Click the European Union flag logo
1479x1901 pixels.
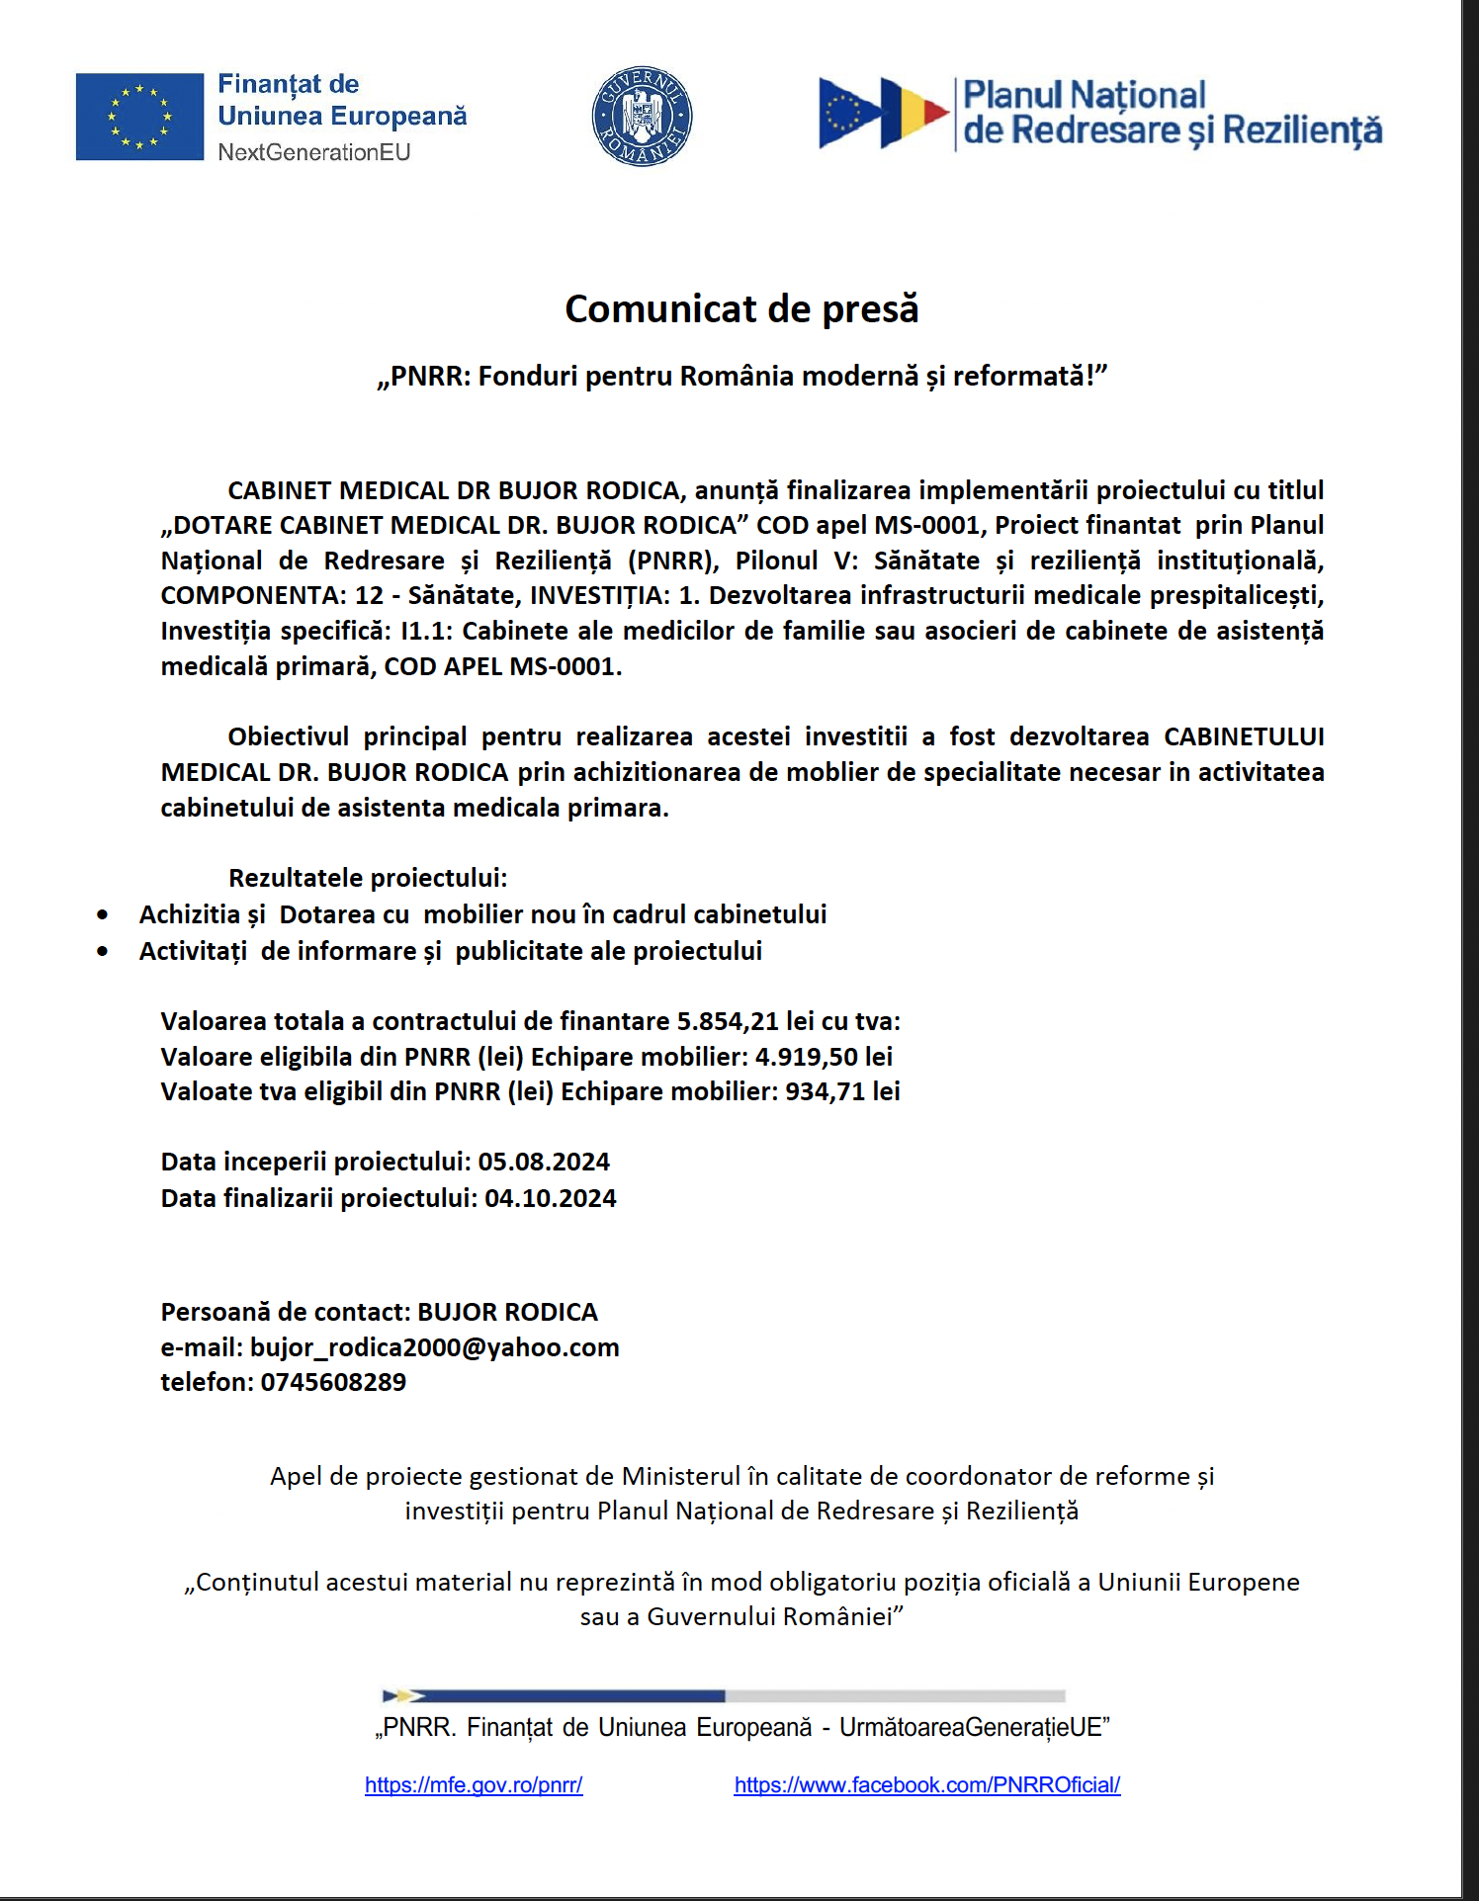tap(139, 117)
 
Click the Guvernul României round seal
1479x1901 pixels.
tap(642, 117)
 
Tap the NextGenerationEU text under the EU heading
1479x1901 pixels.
tap(313, 152)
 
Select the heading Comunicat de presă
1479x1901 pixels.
tap(741, 308)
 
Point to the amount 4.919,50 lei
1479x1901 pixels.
tap(824, 1057)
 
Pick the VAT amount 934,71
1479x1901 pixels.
tap(825, 1091)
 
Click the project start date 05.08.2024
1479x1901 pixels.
tap(544, 1162)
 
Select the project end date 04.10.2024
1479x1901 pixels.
tap(550, 1198)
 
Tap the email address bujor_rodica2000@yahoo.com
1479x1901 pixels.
tap(434, 1347)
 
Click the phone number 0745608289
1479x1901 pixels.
tap(333, 1382)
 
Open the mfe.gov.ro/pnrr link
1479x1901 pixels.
tap(474, 1785)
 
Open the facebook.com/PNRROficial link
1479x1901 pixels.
tap(926, 1785)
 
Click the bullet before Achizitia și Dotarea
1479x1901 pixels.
tap(103, 915)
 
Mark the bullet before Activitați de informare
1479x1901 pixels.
tap(103, 952)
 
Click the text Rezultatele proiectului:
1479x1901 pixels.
tap(368, 878)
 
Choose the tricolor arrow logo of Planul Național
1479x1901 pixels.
tap(883, 114)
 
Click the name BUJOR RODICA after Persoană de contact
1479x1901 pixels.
tap(507, 1312)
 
